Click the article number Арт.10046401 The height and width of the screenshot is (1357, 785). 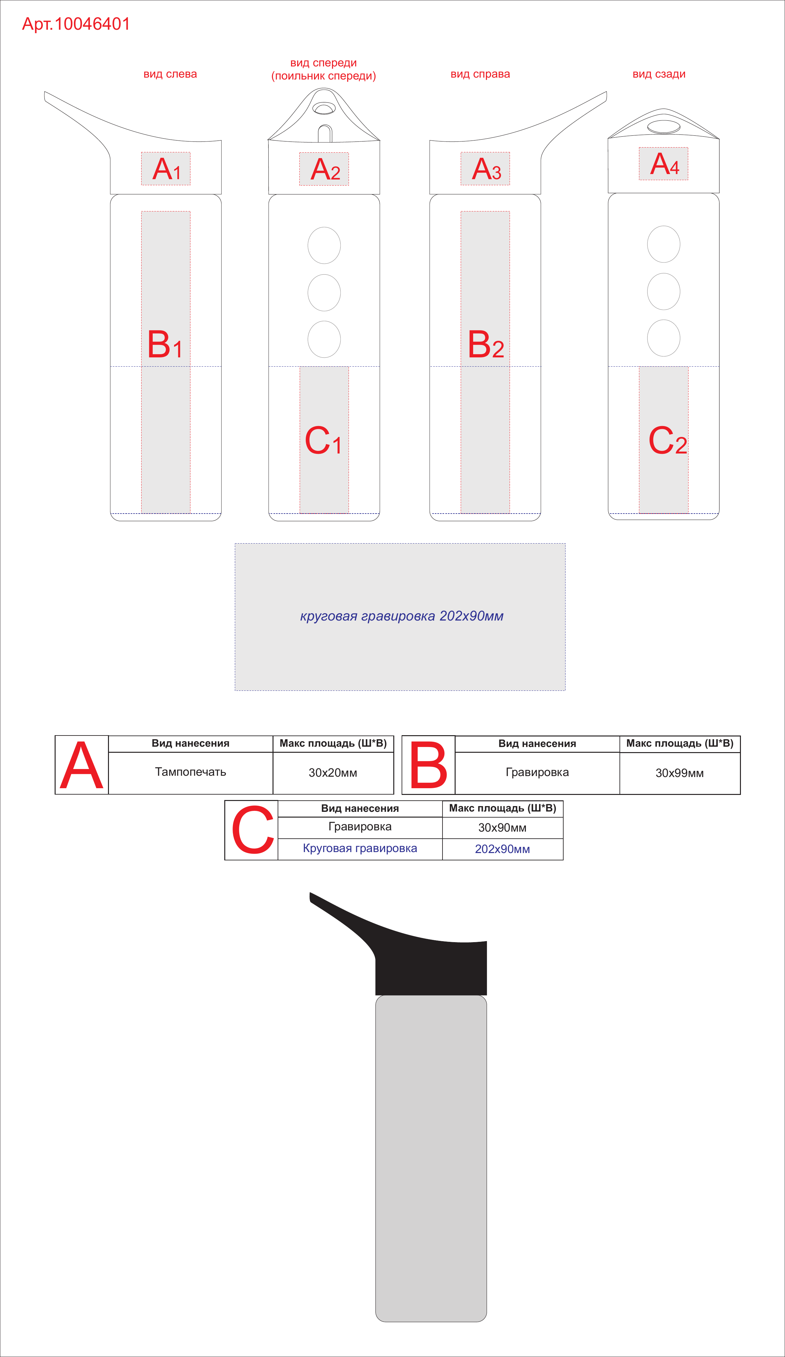(76, 24)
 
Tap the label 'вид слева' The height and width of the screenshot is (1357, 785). (170, 74)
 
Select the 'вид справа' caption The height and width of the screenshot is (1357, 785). (480, 74)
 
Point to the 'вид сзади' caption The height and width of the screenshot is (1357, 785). (659, 74)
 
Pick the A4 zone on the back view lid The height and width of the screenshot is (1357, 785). (664, 164)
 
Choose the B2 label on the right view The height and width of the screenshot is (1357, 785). (485, 345)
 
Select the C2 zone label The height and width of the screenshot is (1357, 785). (667, 440)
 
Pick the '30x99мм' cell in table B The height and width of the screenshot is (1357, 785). (679, 773)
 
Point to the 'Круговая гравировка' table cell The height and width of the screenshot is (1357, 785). (360, 849)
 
